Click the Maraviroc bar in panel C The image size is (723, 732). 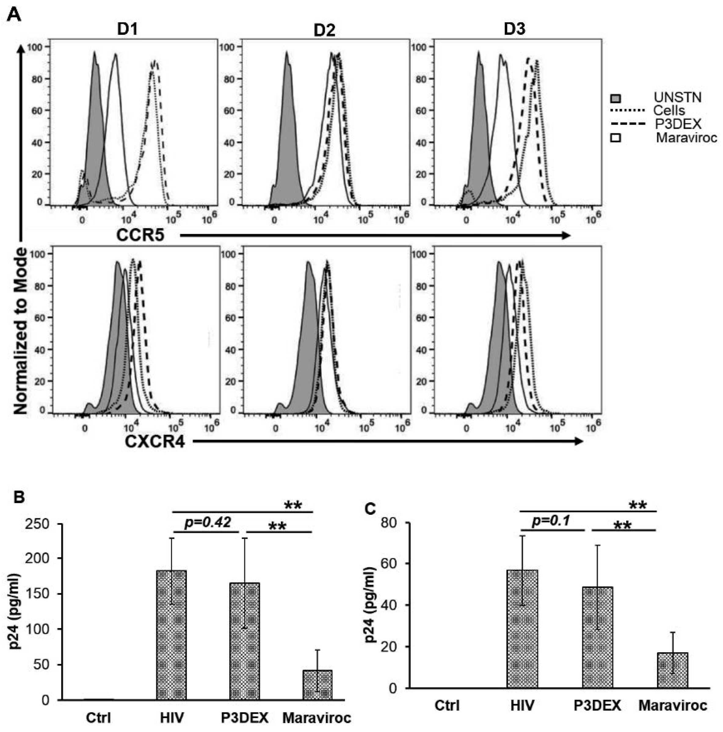click(x=672, y=670)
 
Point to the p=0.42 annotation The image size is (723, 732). click(x=208, y=523)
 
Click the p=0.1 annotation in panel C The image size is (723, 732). click(x=551, y=521)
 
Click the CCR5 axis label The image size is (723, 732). click(x=140, y=235)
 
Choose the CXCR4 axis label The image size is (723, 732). click(x=155, y=442)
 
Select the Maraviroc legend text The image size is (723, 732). click(x=686, y=137)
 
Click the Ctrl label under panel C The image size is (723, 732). click(x=447, y=705)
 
